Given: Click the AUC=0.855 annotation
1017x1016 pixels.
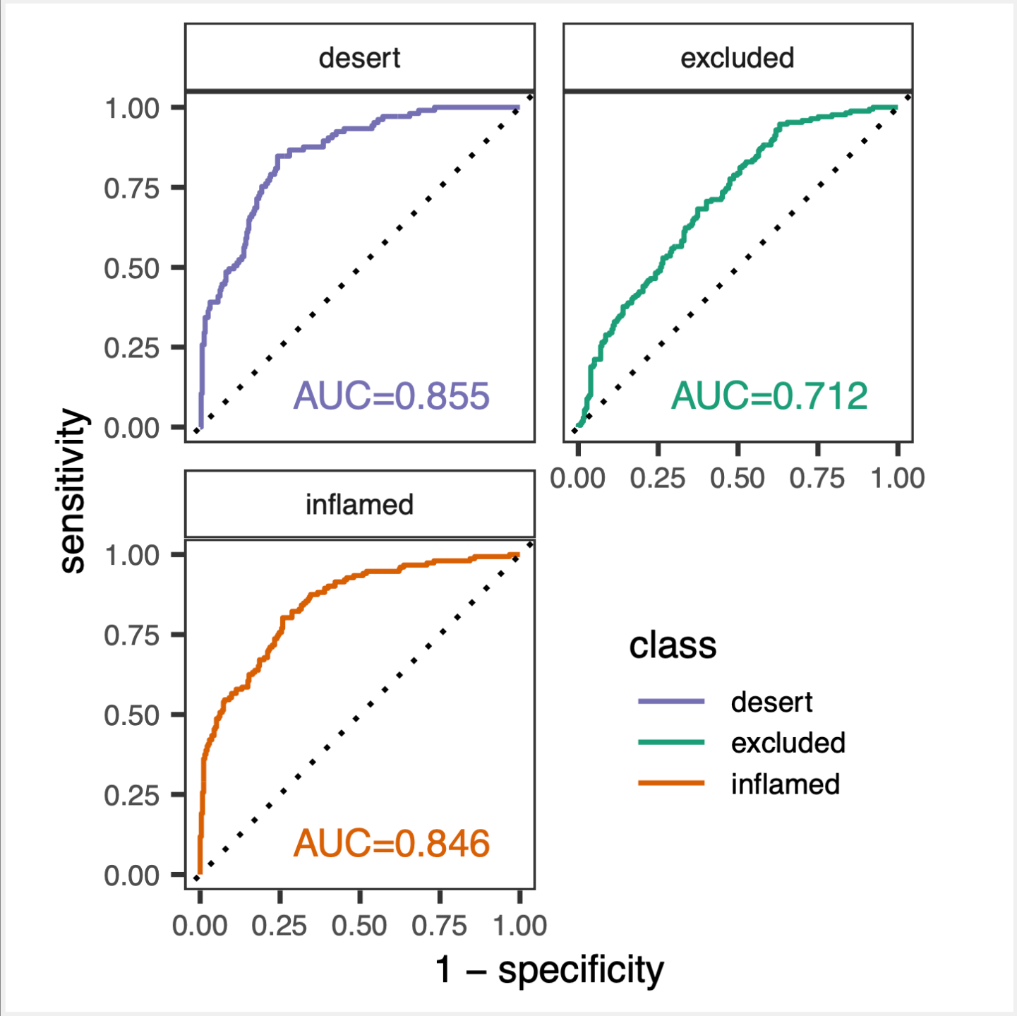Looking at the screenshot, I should click(391, 396).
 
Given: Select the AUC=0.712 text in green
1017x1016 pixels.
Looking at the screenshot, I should click(769, 396).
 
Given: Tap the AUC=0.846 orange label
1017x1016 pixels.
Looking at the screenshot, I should click(391, 844).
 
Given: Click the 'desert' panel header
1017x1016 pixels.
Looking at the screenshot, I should click(359, 58).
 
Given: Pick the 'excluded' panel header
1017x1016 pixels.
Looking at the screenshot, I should click(738, 58).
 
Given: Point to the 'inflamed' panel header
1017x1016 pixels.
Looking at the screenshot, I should click(359, 505).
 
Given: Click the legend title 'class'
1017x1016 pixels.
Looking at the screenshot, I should click(672, 645).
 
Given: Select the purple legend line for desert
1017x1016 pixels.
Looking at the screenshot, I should click(671, 702).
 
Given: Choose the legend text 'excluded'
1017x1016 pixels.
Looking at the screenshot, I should click(788, 743).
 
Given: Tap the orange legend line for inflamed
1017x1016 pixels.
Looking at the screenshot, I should click(671, 783).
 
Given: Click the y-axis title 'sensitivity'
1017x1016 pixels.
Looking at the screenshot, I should click(73, 491).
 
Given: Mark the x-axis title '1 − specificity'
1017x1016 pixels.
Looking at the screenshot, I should click(550, 970).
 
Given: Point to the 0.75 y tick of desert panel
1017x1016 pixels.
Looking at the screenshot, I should click(132, 189).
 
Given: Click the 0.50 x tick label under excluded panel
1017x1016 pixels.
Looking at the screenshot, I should click(738, 479).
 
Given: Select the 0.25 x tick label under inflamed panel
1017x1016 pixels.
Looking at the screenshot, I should click(279, 926).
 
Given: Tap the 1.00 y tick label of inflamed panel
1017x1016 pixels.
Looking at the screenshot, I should click(132, 556).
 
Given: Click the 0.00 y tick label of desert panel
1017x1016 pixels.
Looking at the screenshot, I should click(132, 429).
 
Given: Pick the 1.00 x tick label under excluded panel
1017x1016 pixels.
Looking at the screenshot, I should click(897, 479).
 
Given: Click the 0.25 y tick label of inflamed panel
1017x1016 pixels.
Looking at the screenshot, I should click(132, 796).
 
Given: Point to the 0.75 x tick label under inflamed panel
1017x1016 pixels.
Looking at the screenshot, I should click(439, 926).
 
